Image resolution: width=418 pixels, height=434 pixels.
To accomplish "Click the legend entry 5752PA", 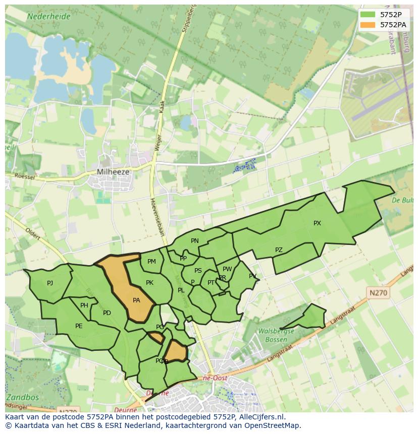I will pyautogui.click(x=393, y=24).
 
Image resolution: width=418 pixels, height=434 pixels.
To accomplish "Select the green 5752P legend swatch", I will pyautogui.click(x=368, y=15).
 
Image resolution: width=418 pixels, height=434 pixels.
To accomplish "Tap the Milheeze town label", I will pyautogui.click(x=113, y=172).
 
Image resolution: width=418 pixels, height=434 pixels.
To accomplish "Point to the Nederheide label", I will pyautogui.click(x=48, y=16).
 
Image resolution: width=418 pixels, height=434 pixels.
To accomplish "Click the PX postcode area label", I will pyautogui.click(x=317, y=223).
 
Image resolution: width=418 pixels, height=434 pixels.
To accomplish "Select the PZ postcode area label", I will pyautogui.click(x=279, y=250).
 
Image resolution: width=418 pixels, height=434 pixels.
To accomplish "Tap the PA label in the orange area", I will pyautogui.click(x=136, y=300).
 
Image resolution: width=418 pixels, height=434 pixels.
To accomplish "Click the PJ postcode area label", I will pyautogui.click(x=50, y=283).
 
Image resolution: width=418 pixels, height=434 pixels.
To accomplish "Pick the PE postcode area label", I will pyautogui.click(x=79, y=326).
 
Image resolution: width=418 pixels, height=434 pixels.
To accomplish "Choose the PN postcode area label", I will pyautogui.click(x=195, y=241).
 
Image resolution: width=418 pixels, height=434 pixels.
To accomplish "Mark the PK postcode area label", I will pyautogui.click(x=149, y=283).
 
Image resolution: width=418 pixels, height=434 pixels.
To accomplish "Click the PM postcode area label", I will pyautogui.click(x=151, y=262).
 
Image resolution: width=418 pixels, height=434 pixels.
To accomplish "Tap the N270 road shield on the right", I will pyautogui.click(x=379, y=292).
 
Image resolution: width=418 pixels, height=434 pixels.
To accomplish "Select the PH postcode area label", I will pyautogui.click(x=84, y=305).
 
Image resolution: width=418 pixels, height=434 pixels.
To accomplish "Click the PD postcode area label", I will pyautogui.click(x=107, y=313).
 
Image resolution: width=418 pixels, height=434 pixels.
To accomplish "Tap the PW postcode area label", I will pyautogui.click(x=227, y=269).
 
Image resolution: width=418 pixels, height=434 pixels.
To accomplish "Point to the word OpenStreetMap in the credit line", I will pyautogui.click(x=275, y=425).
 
